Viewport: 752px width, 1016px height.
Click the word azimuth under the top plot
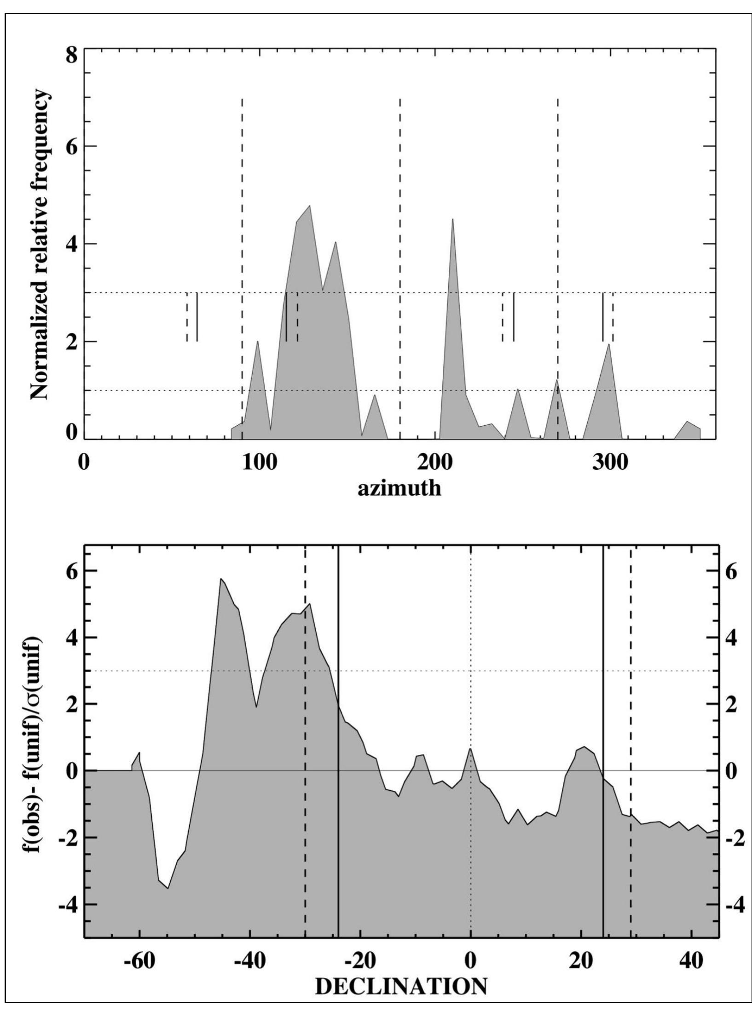click(x=399, y=488)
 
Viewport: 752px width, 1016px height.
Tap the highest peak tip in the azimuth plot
click(x=310, y=205)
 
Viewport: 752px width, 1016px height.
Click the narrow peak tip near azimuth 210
click(x=453, y=219)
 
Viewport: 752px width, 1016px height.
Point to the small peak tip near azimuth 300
click(x=609, y=344)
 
